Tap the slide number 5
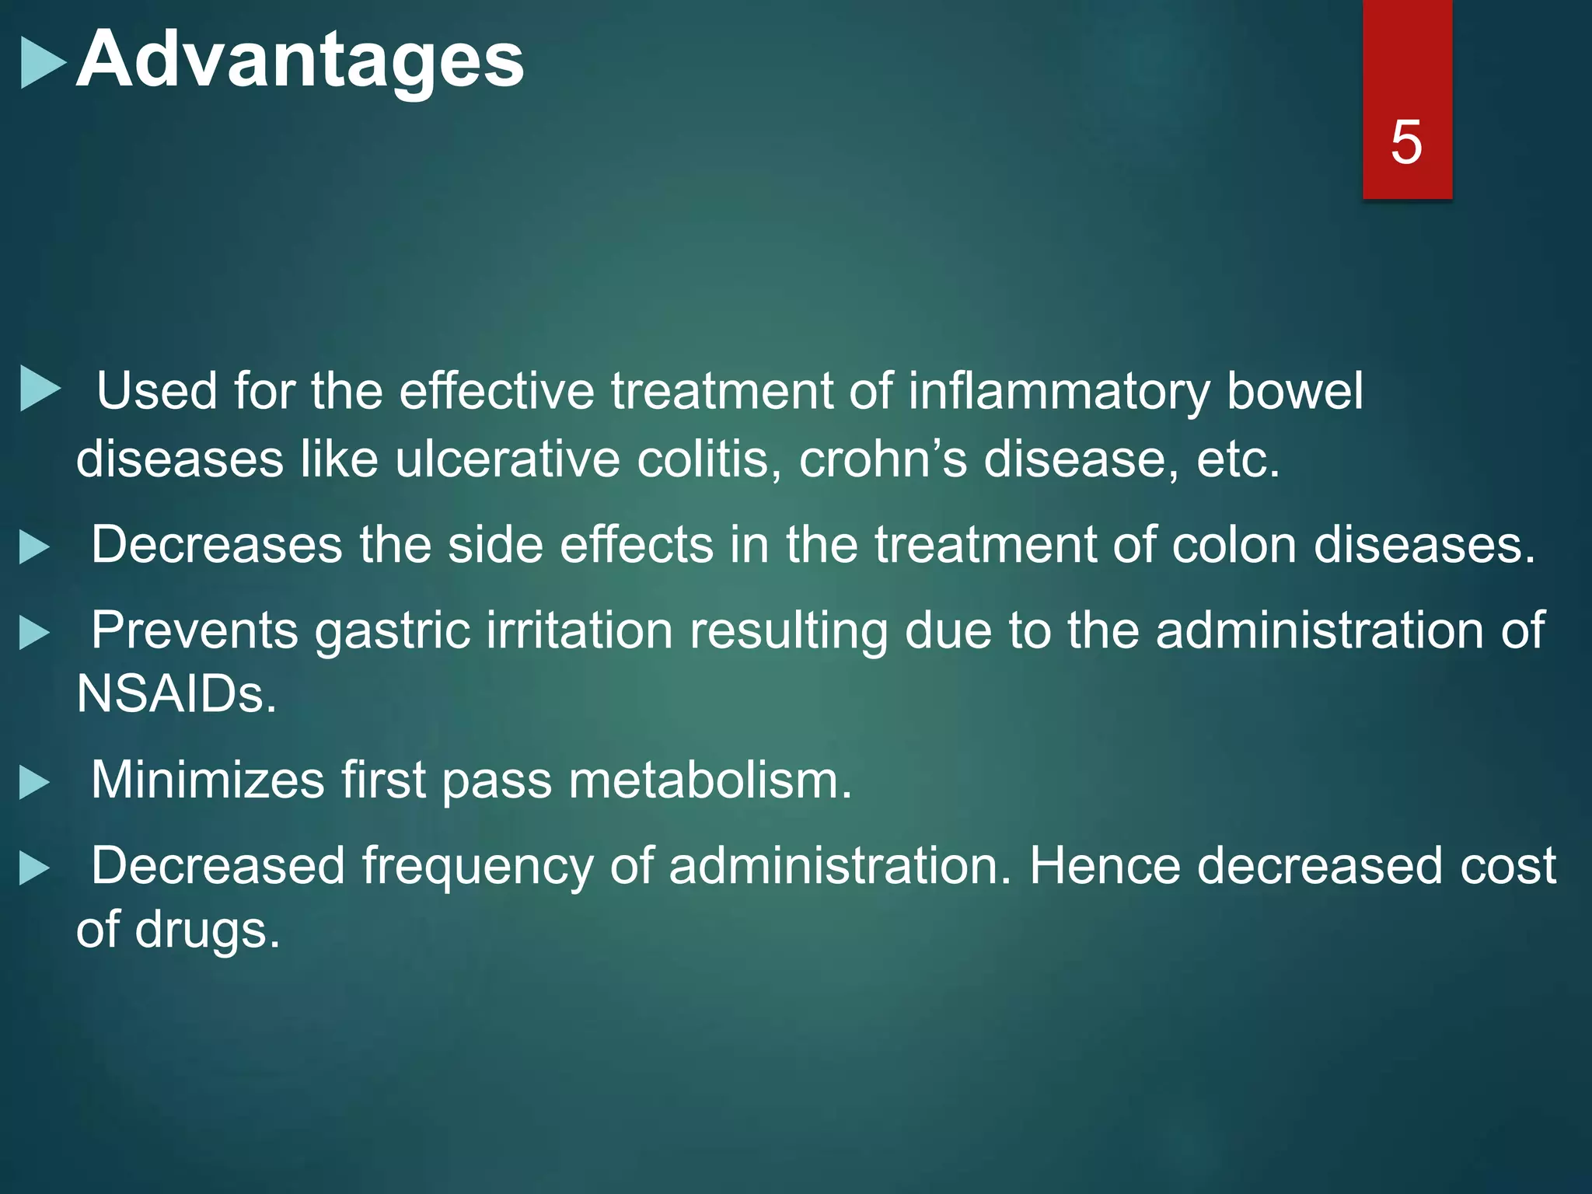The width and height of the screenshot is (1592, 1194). point(1406,142)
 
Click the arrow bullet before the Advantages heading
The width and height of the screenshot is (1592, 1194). point(43,64)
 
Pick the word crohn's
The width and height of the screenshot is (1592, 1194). point(883,459)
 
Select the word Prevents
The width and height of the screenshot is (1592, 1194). point(194,630)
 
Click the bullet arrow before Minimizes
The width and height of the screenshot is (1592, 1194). point(34,783)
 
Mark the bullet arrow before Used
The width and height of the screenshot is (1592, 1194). point(40,389)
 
